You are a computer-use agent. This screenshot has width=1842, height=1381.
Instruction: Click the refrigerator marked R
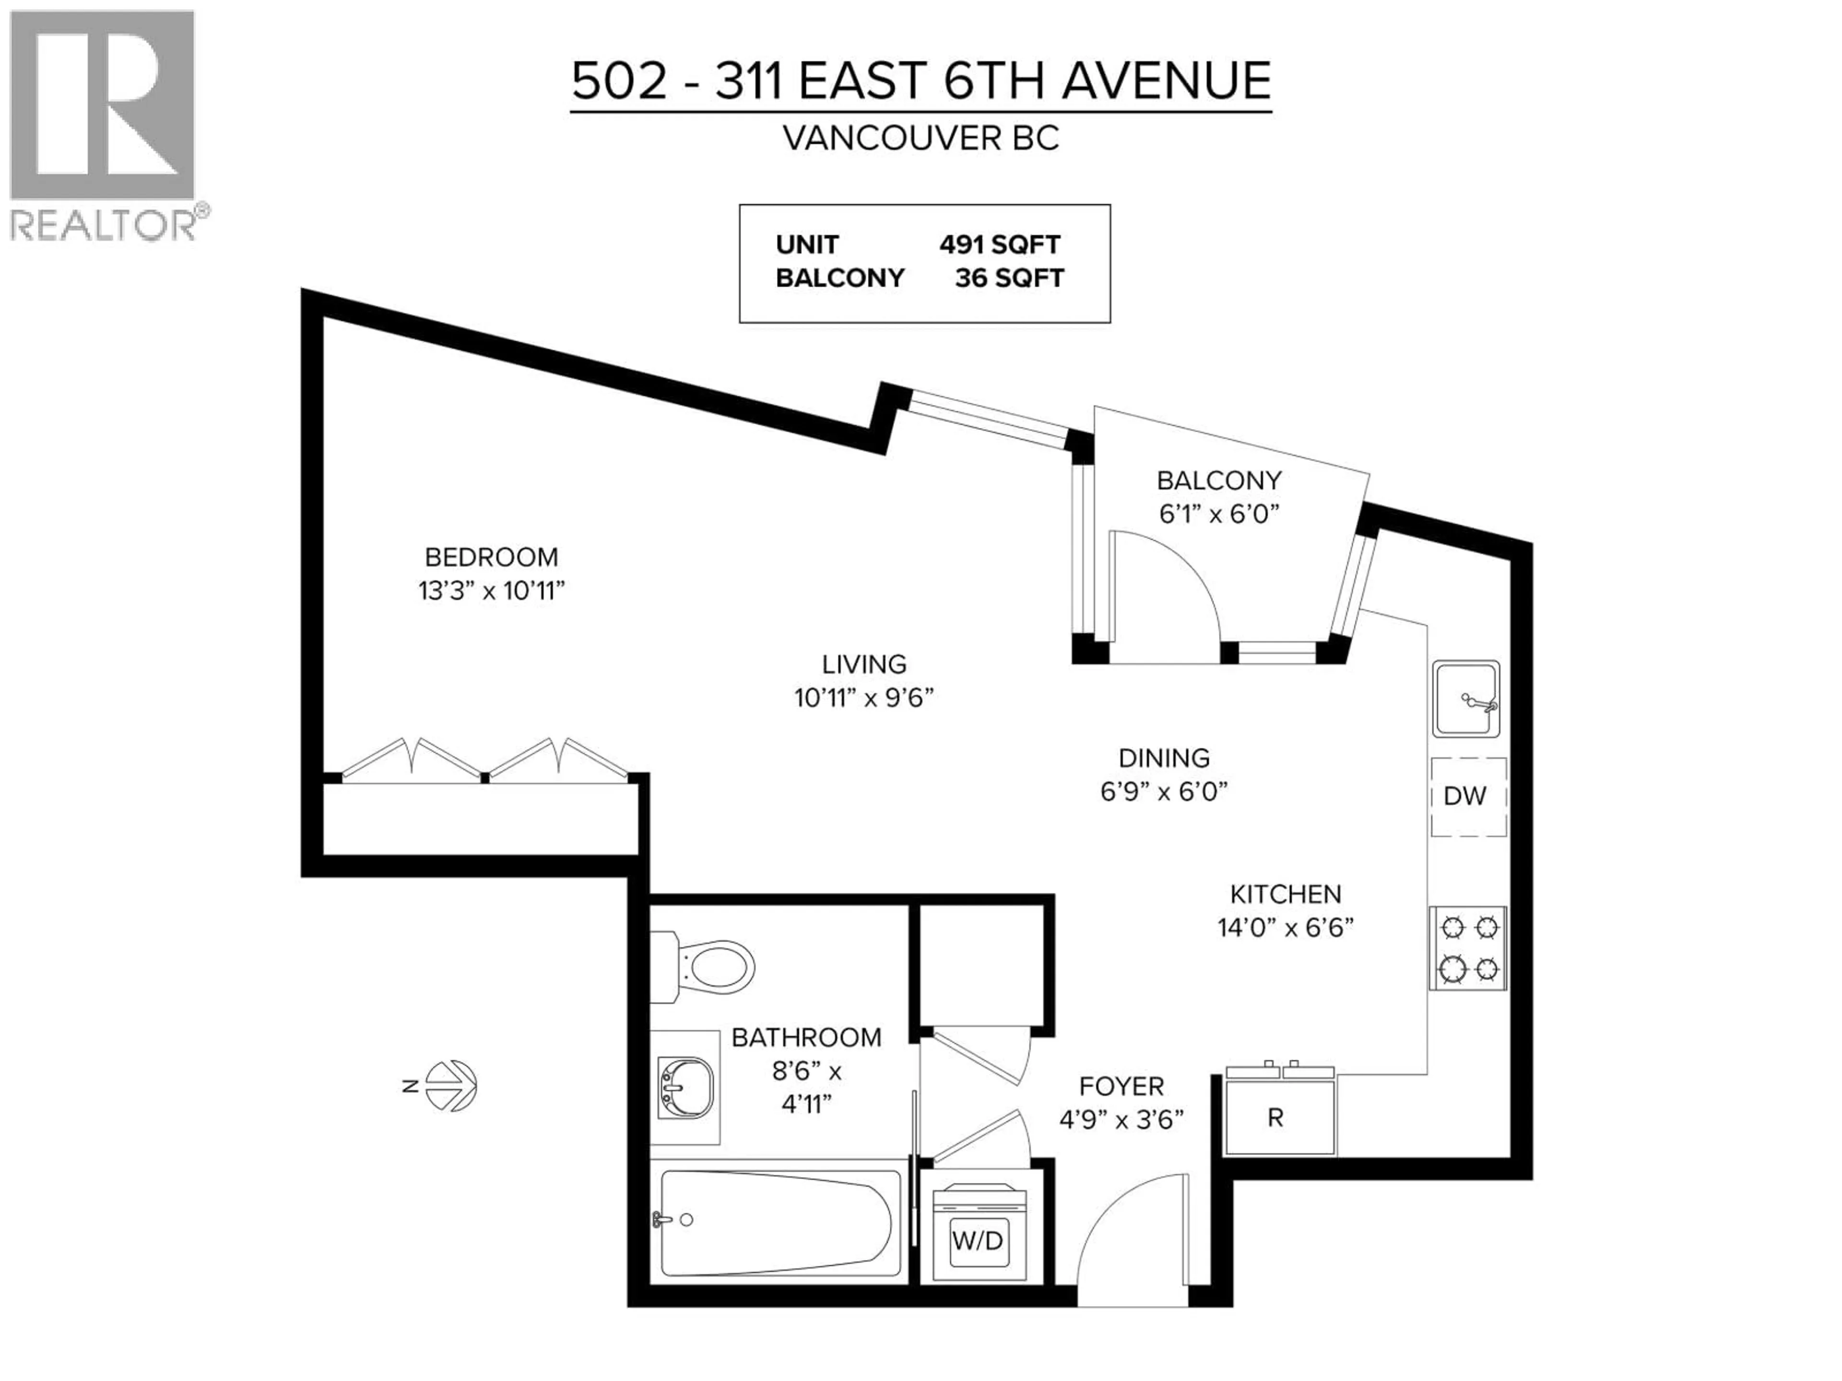(1279, 1118)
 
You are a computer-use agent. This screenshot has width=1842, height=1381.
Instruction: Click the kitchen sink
(1465, 699)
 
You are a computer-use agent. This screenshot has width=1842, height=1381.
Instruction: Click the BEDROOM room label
(491, 557)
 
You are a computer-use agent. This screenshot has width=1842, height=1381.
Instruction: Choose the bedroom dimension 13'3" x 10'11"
(491, 591)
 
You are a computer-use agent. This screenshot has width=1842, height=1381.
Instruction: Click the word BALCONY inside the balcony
(1218, 480)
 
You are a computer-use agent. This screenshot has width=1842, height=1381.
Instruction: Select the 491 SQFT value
(999, 245)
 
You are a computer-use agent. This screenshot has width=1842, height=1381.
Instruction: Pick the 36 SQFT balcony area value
(1009, 278)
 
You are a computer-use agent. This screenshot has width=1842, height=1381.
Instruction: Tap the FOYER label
(1121, 1086)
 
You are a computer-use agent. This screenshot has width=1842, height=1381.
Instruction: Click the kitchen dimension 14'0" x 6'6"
(1285, 927)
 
